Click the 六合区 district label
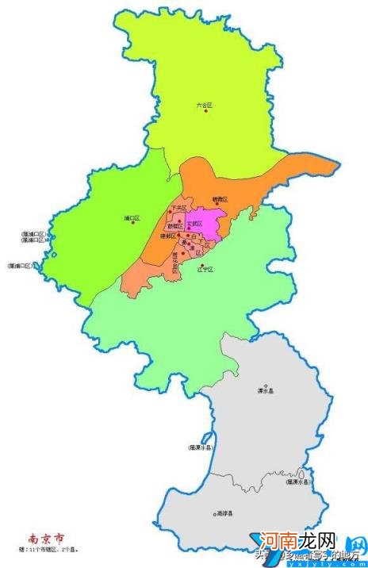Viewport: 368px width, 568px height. tap(205, 105)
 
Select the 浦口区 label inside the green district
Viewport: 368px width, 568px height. tap(132, 217)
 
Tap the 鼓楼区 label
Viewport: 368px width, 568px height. tap(176, 225)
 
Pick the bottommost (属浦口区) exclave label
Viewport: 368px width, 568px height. tap(21, 265)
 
